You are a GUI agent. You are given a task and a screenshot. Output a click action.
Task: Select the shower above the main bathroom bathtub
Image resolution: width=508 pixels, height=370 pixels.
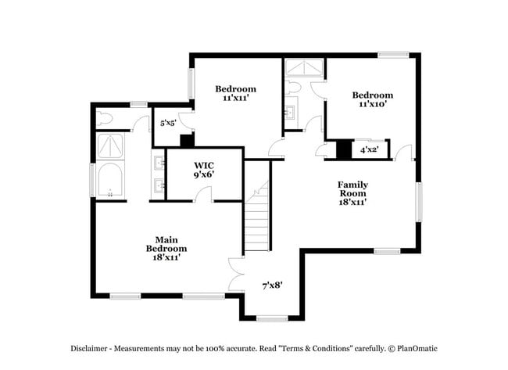[110, 145]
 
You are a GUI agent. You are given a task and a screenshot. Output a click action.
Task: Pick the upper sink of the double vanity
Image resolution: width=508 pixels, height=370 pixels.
[159, 163]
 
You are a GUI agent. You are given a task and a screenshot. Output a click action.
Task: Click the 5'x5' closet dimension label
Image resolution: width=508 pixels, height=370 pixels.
[168, 123]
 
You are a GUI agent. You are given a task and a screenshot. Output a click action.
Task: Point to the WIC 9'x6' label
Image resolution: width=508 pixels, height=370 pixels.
[204, 170]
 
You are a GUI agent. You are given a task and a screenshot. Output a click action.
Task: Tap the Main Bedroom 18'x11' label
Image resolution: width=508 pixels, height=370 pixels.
[165, 248]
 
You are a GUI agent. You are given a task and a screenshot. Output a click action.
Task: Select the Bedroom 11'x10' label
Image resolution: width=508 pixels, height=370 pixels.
[372, 99]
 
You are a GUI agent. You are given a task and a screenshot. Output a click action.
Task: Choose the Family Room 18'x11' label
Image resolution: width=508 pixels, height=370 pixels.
[352, 193]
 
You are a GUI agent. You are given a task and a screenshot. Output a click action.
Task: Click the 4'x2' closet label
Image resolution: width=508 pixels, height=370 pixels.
[369, 149]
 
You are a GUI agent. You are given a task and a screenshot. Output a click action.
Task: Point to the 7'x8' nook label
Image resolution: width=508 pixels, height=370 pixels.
[272, 286]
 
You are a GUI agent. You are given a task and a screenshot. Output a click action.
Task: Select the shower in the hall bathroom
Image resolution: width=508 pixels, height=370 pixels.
[303, 70]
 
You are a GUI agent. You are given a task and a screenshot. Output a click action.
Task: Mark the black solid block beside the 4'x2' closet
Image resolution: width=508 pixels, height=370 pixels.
[344, 149]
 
